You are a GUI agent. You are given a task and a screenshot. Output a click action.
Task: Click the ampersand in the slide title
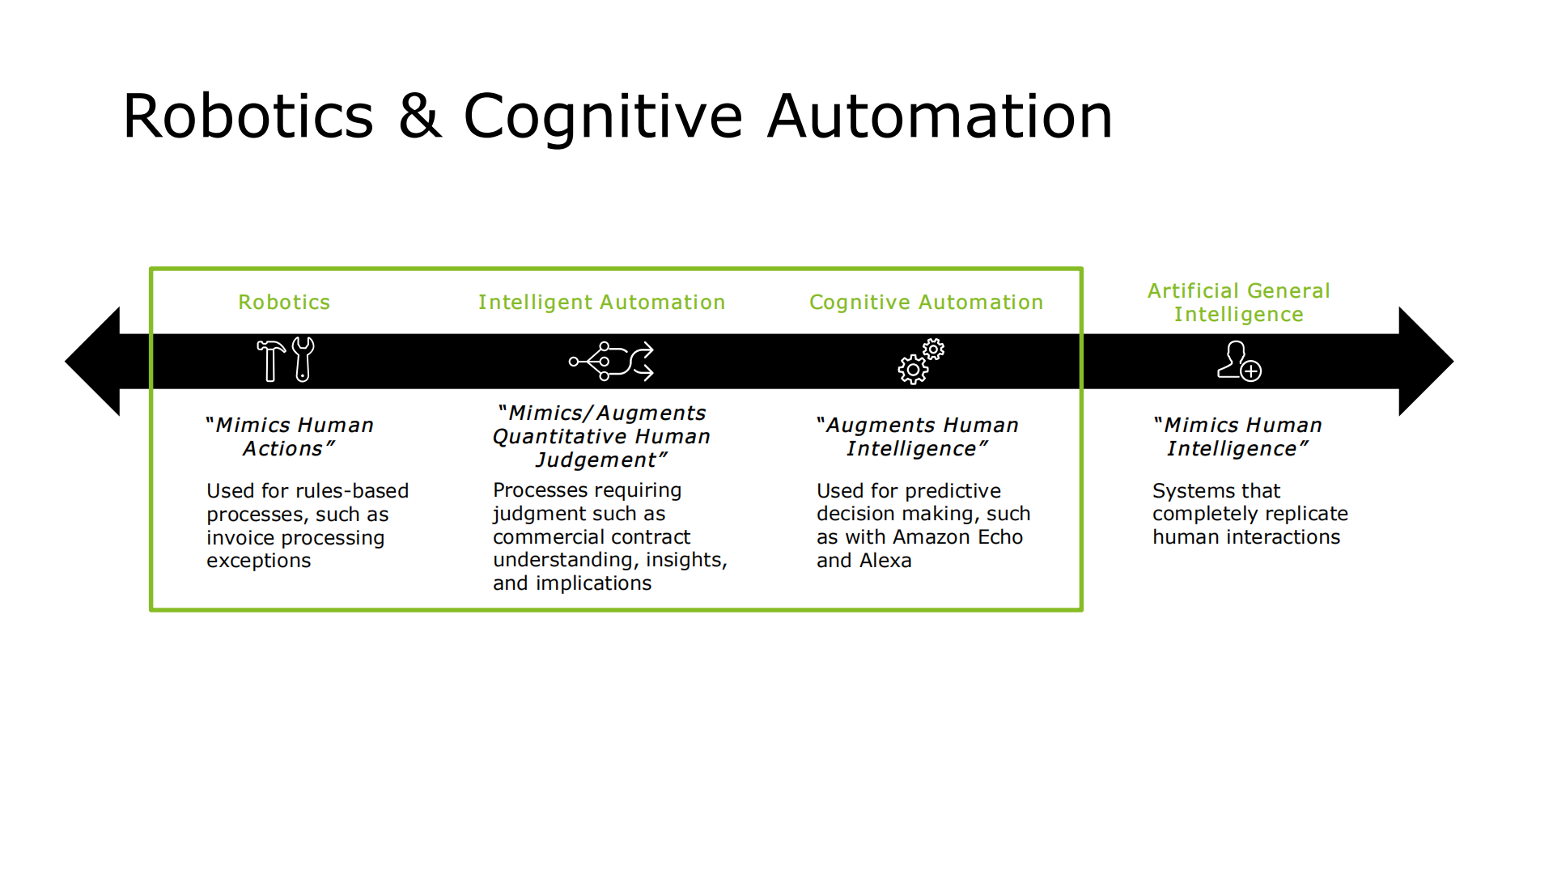tap(420, 117)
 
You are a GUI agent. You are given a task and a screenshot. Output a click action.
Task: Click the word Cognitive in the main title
tap(602, 117)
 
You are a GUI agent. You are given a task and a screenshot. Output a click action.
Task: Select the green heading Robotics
tap(284, 302)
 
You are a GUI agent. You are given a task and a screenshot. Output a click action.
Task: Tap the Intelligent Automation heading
tap(601, 302)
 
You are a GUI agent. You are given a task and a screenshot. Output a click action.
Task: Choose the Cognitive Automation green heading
tap(926, 302)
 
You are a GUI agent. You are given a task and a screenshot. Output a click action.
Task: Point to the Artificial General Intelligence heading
tap(1238, 302)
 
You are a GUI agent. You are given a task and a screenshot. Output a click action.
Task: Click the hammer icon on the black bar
tap(271, 360)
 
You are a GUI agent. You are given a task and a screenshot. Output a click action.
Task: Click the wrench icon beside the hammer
tap(303, 358)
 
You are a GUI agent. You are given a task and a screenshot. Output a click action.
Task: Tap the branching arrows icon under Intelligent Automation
tap(611, 361)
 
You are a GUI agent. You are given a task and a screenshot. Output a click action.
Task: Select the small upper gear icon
tap(933, 350)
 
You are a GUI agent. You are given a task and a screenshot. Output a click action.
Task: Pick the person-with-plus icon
tap(1238, 361)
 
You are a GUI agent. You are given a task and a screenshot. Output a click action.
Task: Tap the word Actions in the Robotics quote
tap(282, 449)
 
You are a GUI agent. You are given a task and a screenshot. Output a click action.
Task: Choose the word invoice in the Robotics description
tap(240, 538)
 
